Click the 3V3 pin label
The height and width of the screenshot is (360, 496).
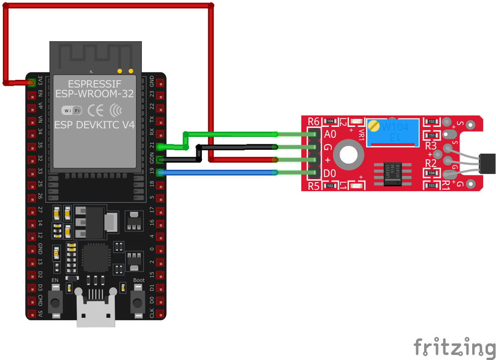(40, 82)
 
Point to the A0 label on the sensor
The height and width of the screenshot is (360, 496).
(330, 134)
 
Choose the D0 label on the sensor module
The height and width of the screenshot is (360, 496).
(330, 173)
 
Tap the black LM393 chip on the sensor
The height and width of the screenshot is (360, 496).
(389, 175)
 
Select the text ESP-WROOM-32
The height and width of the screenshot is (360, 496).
(95, 93)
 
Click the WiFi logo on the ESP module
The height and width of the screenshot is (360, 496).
(71, 110)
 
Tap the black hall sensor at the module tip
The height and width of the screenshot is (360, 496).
(488, 162)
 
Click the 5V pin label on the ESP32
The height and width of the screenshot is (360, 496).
(40, 313)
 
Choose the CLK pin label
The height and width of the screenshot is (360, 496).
(152, 313)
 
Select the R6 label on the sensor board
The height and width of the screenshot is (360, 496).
(314, 121)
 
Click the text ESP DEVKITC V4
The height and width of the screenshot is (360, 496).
(95, 125)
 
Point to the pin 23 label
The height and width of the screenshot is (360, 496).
(152, 95)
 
